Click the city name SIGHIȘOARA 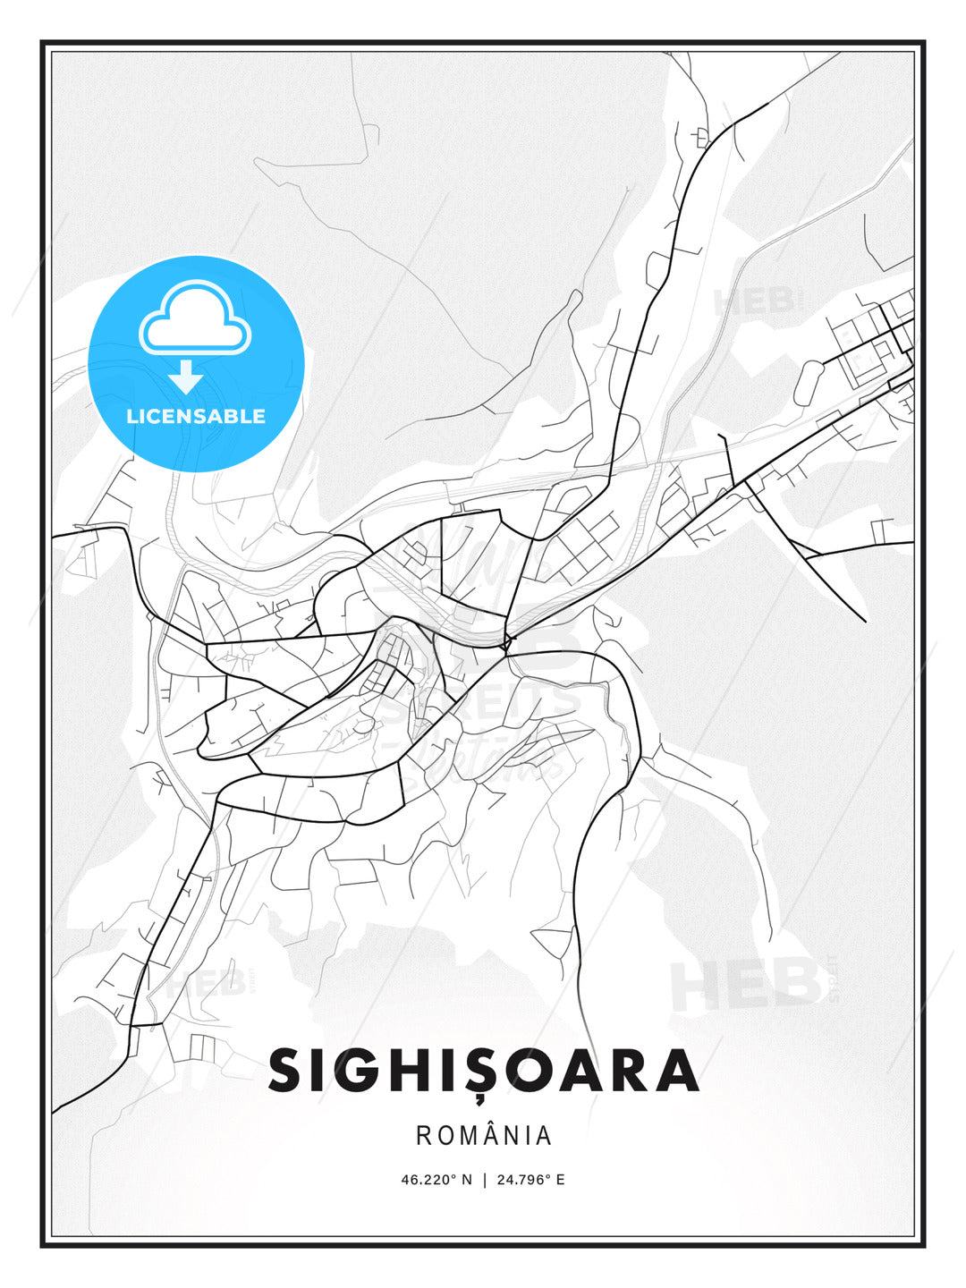coord(483,1071)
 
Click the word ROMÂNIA coord(484,1136)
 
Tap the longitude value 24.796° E coord(529,1180)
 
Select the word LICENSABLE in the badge coord(196,416)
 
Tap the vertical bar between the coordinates coord(484,1180)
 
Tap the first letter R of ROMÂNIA coord(424,1136)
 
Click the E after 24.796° coord(561,1180)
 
